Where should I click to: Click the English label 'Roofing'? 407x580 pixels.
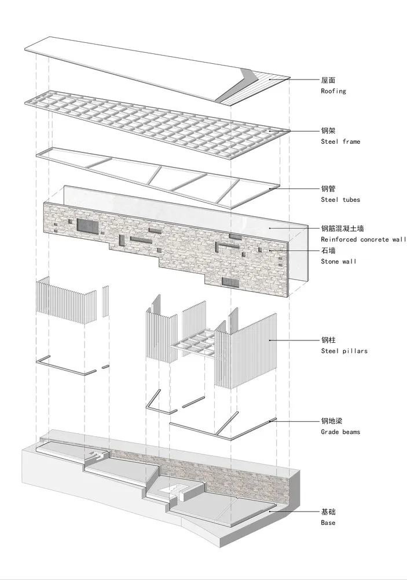point(333,91)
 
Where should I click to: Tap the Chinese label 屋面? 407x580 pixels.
point(328,81)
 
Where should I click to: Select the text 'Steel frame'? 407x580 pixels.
point(340,142)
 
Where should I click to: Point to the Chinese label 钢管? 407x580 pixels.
point(328,189)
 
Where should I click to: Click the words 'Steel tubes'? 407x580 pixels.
point(340,200)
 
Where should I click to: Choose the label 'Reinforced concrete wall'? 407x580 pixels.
point(363,240)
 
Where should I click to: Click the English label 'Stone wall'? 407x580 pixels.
point(339,262)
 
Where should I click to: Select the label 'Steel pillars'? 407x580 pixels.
point(344,351)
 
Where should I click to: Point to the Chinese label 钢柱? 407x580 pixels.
point(328,340)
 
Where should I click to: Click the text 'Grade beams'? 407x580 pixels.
point(340,432)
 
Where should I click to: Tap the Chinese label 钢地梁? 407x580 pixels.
point(332,421)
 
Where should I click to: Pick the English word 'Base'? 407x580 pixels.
point(328,523)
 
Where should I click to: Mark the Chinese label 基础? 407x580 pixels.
point(328,512)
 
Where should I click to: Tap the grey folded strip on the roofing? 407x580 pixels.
point(237,87)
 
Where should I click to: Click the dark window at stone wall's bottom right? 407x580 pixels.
point(230,282)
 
